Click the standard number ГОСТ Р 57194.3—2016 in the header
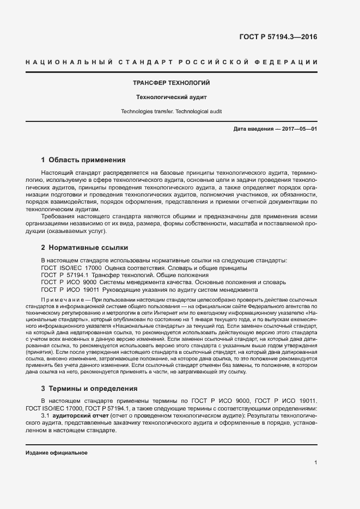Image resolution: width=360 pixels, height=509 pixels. tap(278, 38)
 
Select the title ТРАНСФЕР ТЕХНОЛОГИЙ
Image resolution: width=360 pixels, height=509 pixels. tap(172, 83)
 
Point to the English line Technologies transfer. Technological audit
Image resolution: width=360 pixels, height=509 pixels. tap(172, 111)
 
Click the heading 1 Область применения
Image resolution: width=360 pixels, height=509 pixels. tap(83, 160)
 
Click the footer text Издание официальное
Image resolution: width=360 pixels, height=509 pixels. tap(57, 453)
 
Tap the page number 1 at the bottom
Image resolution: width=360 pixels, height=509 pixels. tap(316, 463)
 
